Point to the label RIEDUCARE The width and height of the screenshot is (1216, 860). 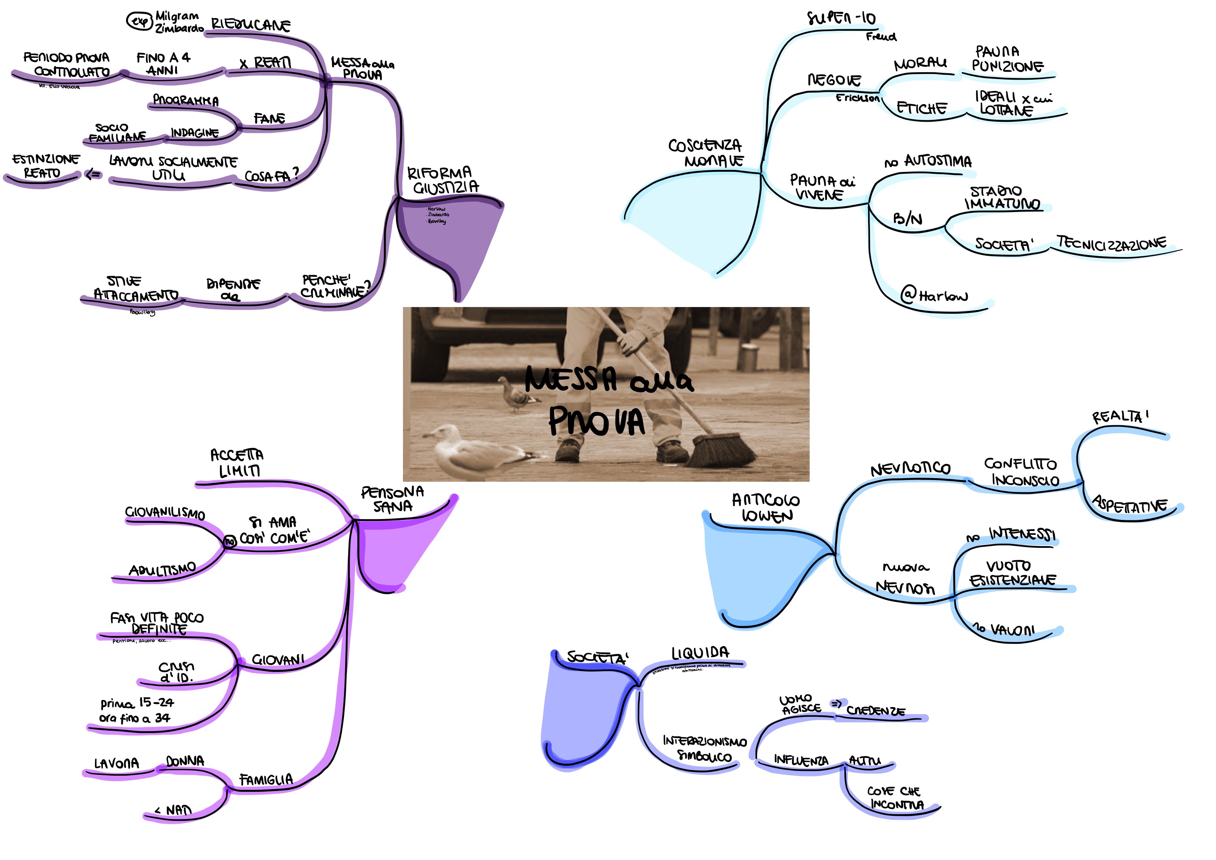click(251, 25)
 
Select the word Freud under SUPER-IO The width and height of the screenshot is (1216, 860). click(881, 37)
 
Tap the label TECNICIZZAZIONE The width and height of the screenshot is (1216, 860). click(1111, 243)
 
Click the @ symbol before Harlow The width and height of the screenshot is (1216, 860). click(909, 294)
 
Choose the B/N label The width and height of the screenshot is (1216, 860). click(907, 218)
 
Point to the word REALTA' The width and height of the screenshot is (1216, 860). click(1119, 417)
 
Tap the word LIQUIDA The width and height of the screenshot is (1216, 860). click(700, 653)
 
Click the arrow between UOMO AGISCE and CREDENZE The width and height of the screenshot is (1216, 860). click(836, 704)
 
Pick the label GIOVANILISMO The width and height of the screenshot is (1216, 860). click(165, 512)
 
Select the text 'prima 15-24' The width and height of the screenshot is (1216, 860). click(137, 703)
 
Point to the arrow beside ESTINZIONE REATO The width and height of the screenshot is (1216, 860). click(93, 174)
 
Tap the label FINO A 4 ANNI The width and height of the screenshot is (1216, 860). click(163, 63)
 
